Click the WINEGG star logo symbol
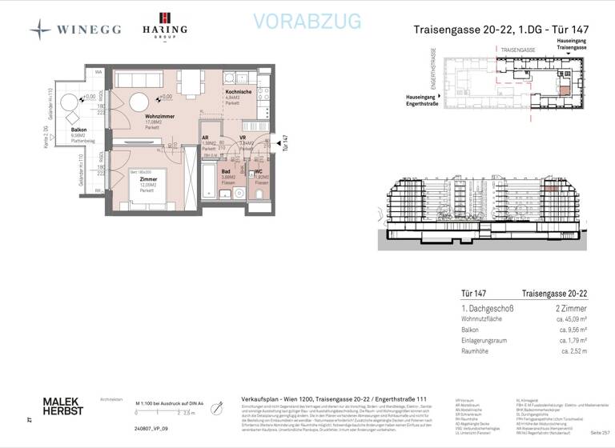(x=41, y=30)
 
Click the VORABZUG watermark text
(x=307, y=22)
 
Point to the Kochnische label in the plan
(x=239, y=92)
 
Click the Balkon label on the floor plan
(x=78, y=129)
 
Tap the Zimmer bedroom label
(x=147, y=180)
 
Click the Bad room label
(x=227, y=171)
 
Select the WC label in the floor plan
(x=259, y=172)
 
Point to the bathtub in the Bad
(x=208, y=181)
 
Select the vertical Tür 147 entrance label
(x=285, y=142)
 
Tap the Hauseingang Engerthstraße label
(x=421, y=100)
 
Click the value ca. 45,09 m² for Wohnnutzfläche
(x=568, y=318)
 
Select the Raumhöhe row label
(x=476, y=350)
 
